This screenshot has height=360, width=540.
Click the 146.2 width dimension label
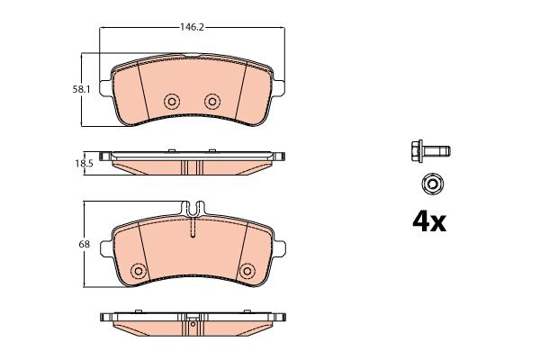pyautogui.click(x=193, y=27)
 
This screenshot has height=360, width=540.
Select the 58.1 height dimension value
pyautogui.click(x=81, y=90)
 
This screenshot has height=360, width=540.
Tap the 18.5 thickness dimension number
pyautogui.click(x=85, y=164)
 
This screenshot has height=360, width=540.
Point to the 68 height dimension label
pyautogui.click(x=84, y=244)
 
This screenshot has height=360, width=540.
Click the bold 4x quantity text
pyautogui.click(x=429, y=222)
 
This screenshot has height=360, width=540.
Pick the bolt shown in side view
pyautogui.click(x=431, y=151)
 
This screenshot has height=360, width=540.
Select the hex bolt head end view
pyautogui.click(x=431, y=184)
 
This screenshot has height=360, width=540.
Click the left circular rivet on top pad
pyautogui.click(x=172, y=102)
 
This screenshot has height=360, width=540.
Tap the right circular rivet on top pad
pyautogui.click(x=212, y=102)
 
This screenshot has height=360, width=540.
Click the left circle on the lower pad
pyautogui.click(x=139, y=271)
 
